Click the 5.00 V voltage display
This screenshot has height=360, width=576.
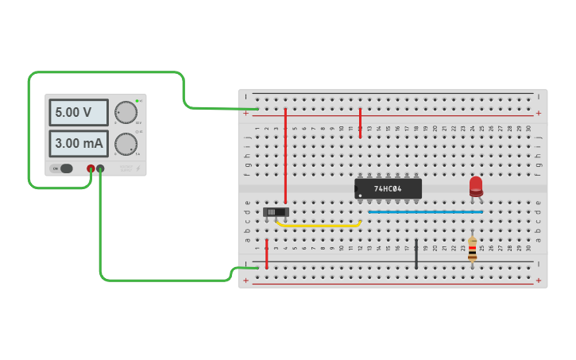78,112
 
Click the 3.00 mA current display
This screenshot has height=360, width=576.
78,144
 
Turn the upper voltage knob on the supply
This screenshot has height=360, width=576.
125,112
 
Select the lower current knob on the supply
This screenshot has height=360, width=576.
125,144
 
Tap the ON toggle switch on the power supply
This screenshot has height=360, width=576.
62,168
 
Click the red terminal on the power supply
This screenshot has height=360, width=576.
91,168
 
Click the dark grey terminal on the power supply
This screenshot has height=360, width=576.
100,168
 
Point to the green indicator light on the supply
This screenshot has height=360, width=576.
137,101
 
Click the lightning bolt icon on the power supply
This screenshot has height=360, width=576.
137,168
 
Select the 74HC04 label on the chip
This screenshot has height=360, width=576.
388,189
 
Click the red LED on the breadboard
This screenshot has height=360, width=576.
476,185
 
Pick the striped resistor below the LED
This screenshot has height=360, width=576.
473,249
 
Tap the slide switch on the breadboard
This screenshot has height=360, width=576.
276,212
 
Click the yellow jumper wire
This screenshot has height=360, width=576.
318,226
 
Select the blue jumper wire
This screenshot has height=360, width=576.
425,212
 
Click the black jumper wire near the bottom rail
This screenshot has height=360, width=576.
416,253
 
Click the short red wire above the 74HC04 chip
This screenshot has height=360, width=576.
360,123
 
